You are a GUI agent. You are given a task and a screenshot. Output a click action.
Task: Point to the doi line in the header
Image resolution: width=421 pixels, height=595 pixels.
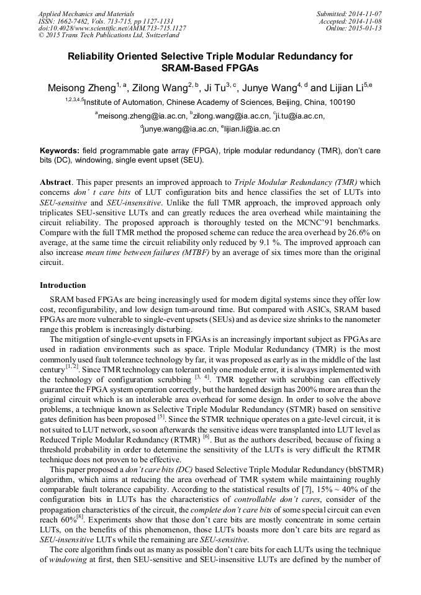tap(112, 28)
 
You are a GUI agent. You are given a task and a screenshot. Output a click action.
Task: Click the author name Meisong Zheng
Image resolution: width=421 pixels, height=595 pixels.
tap(81, 88)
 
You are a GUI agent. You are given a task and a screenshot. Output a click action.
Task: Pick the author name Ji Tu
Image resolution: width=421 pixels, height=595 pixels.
tap(214, 88)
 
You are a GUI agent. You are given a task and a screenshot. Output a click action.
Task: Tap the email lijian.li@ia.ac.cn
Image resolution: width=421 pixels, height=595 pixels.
tap(243, 129)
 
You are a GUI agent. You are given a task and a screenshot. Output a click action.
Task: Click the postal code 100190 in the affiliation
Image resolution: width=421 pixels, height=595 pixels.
tap(342, 102)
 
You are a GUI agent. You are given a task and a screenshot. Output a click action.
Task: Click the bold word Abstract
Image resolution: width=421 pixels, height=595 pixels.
tap(57, 183)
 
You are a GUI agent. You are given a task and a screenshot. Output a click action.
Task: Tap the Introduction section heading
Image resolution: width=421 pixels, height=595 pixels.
tap(63, 285)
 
